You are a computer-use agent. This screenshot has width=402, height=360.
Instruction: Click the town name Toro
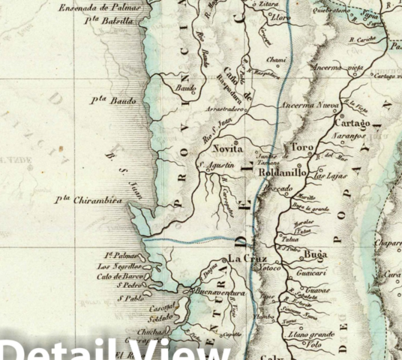[x=303, y=148]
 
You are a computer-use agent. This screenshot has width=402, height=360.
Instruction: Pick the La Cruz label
[x=244, y=259]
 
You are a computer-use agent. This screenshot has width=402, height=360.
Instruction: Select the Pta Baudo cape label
[x=113, y=100]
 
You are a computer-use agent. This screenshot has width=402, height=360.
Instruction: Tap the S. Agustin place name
[x=216, y=165]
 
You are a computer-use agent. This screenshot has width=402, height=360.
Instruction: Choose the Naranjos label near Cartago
[x=349, y=138]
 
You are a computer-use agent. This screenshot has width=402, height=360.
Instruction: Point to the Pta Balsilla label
[x=113, y=21]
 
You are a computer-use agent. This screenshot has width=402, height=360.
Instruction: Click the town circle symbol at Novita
[x=235, y=141]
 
